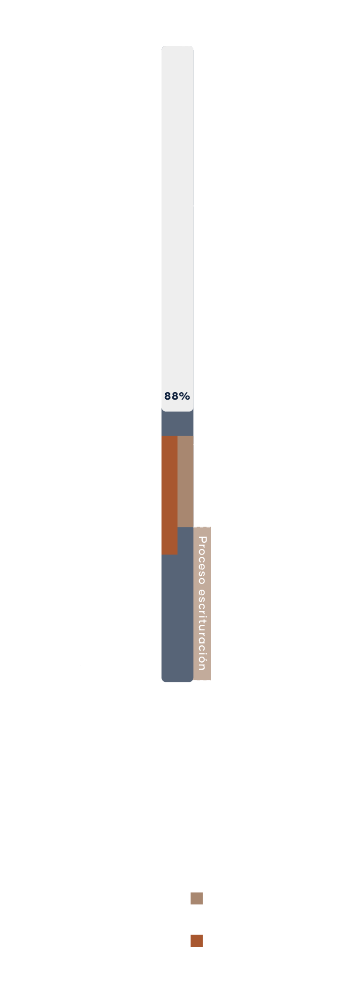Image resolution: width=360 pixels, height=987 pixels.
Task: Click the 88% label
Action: coord(177,396)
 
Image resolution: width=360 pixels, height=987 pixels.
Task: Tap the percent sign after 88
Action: coord(185,396)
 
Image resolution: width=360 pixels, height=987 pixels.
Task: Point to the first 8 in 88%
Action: coord(168,396)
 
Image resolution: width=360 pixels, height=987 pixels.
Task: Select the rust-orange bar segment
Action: coord(169,495)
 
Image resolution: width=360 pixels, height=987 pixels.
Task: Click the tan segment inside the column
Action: coord(185,481)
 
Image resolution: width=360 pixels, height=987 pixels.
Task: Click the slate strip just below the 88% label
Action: coord(177,424)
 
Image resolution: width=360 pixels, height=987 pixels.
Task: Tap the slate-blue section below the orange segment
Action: coord(177,618)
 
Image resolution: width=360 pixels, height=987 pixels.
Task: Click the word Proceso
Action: coord(202,561)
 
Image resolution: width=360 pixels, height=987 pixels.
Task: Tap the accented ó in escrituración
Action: coord(202,659)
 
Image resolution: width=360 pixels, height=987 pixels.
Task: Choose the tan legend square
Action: coord(197,899)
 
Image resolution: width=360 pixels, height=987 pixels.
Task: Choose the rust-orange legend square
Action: coord(197,941)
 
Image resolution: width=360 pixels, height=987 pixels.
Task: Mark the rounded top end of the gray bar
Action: coord(177,47)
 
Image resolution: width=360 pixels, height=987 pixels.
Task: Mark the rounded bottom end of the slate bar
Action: coord(177,680)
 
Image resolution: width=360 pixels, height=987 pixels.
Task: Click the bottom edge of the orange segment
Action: coord(169,554)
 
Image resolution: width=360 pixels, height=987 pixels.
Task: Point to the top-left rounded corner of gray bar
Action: coord(163,48)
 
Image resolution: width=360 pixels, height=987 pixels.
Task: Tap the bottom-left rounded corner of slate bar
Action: coord(163,680)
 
